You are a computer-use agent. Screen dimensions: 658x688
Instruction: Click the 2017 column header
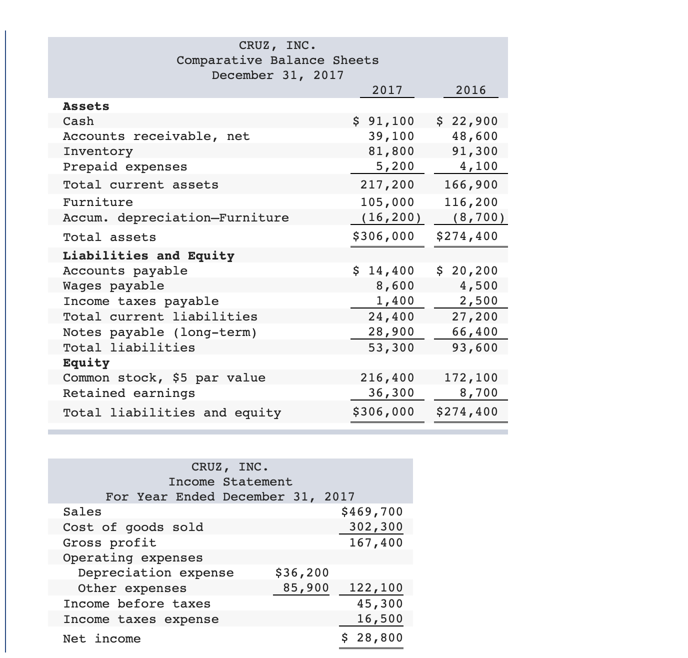tap(387, 90)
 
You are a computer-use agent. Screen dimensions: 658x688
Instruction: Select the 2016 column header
tap(471, 90)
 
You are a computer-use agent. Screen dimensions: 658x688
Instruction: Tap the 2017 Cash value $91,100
tap(383, 121)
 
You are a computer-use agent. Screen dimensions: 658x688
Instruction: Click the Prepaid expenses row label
tap(125, 166)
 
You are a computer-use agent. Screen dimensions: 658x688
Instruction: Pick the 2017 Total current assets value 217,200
tap(387, 184)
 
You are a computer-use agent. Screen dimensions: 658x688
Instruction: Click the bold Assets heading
tap(86, 106)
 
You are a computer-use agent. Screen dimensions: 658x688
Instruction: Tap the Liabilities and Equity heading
tap(148, 255)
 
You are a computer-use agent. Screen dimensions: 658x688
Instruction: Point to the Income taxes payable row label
tap(141, 301)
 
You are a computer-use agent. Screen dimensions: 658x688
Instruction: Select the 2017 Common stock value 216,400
tap(387, 377)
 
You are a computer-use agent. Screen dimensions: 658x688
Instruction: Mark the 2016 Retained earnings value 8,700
tap(479, 392)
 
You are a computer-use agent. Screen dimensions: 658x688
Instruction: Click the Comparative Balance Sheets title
tap(277, 60)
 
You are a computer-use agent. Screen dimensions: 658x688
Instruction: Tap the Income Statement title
tap(230, 481)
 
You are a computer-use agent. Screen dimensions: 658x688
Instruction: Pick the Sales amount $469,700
tap(371, 511)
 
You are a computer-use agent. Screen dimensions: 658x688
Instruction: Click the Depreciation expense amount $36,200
tap(302, 572)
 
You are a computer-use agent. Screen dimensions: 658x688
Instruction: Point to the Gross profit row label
tap(109, 542)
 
